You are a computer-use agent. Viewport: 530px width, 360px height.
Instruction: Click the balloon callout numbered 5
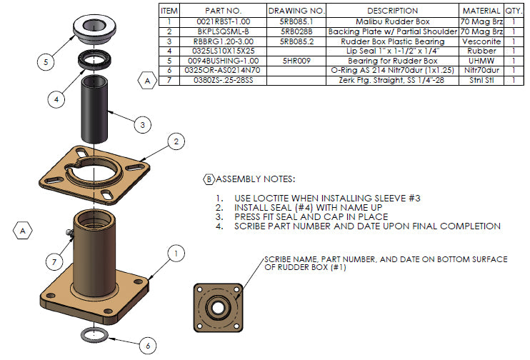[46, 62]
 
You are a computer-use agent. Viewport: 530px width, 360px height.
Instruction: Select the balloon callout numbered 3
[143, 124]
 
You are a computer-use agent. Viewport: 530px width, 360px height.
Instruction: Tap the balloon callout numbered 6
[147, 346]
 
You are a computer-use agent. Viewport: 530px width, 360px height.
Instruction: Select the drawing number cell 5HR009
[295, 61]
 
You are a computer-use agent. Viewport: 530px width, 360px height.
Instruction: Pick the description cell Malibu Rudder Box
[391, 21]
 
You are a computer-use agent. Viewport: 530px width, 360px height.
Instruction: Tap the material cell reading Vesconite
[481, 41]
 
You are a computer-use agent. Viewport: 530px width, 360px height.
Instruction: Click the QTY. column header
[514, 11]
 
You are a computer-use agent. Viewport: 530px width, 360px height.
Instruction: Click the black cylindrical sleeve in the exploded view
[97, 111]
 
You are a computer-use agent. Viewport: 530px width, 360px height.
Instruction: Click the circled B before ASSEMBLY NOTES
[209, 179]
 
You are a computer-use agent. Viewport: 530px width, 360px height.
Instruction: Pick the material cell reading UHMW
[481, 61]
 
